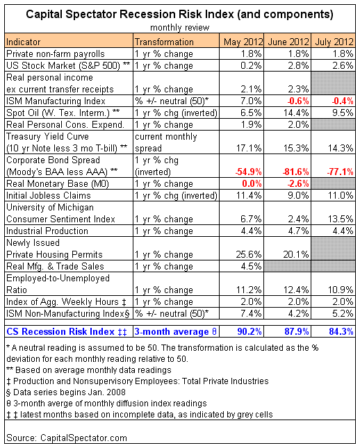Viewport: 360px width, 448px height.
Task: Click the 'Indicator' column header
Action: tap(23, 42)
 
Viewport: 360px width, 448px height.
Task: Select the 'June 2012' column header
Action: tap(288, 42)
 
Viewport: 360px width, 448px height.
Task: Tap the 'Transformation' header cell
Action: tap(164, 42)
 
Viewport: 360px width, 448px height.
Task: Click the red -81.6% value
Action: tap(295, 172)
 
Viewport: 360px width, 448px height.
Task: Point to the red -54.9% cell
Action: tap(248, 172)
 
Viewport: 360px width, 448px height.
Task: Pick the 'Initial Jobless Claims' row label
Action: tap(49, 195)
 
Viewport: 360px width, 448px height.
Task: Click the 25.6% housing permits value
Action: tap(249, 254)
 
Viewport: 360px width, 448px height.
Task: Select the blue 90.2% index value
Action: tap(249, 331)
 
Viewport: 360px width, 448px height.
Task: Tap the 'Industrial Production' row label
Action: tap(47, 231)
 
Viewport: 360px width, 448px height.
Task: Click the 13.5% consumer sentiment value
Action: tap(341, 219)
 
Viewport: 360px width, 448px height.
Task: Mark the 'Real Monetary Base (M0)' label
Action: tap(58, 183)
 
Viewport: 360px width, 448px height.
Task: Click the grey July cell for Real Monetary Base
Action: tap(333, 183)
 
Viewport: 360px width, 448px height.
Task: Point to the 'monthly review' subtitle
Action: tap(180, 28)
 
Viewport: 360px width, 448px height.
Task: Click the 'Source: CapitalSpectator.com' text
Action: tap(67, 438)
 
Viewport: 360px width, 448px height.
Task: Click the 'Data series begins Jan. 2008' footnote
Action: tap(66, 392)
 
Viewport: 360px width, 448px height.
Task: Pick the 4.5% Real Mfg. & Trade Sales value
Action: tap(251, 266)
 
